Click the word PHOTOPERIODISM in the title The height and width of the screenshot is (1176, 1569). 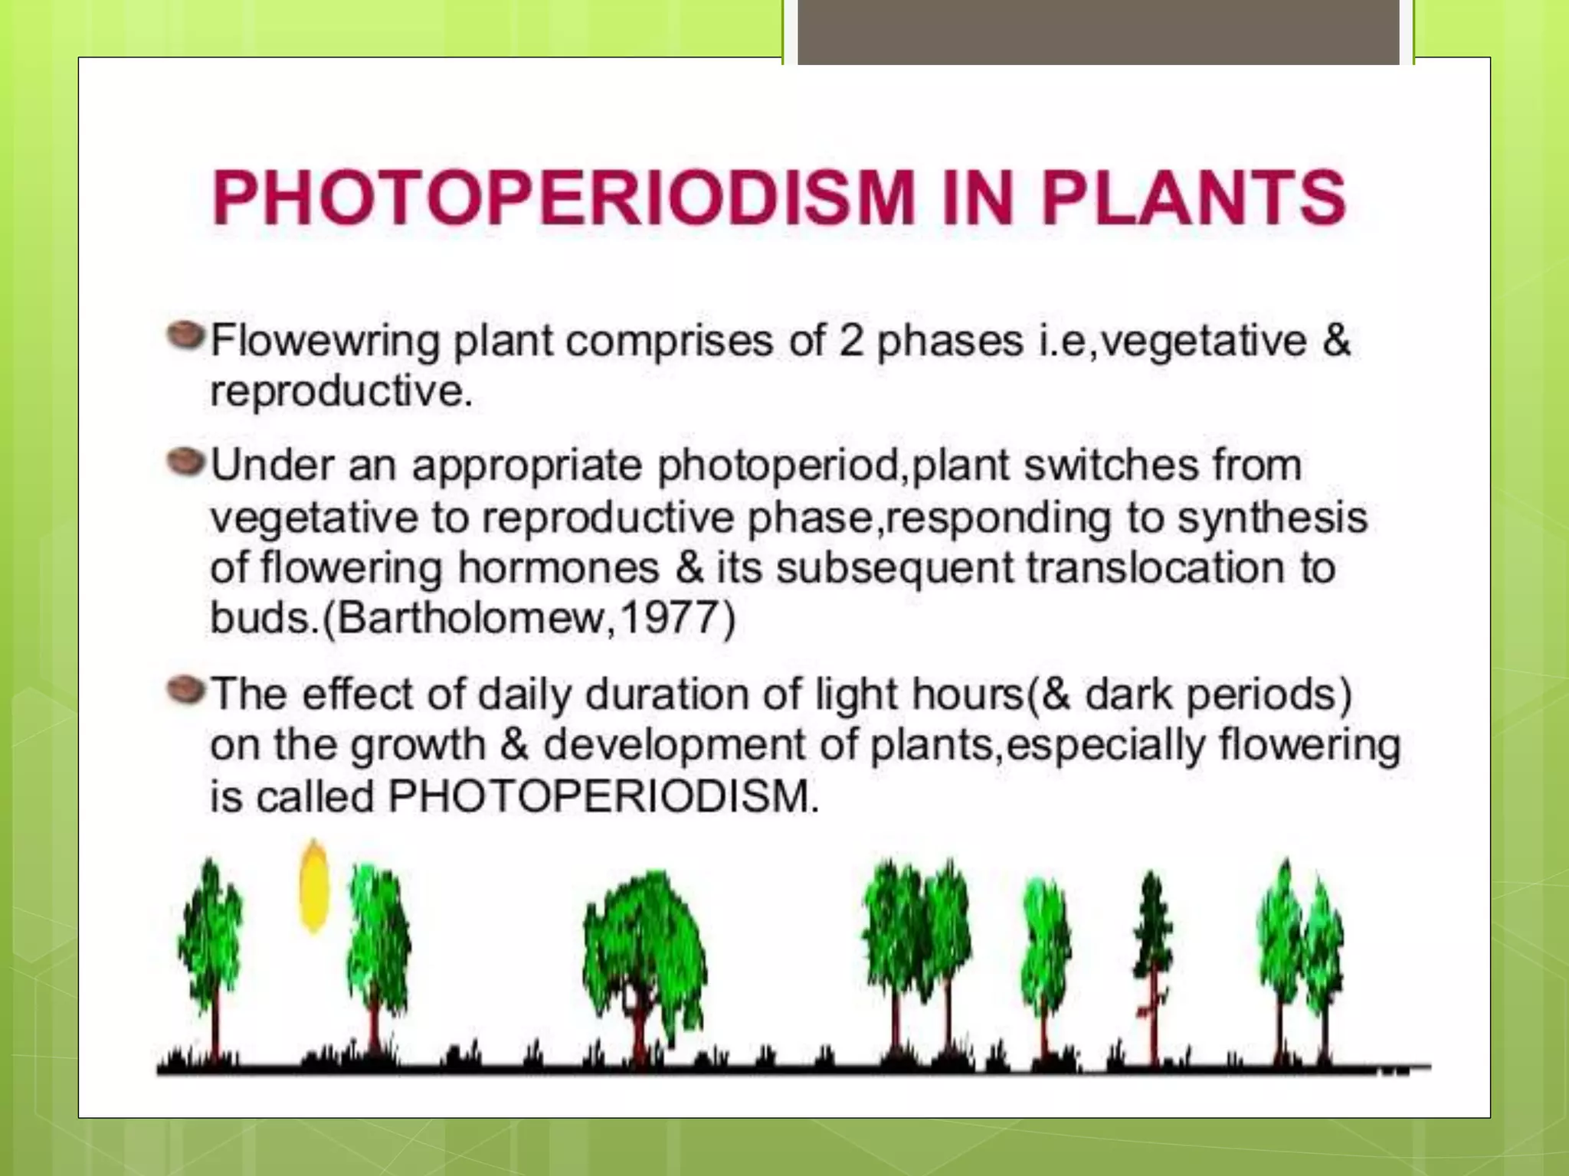(563, 198)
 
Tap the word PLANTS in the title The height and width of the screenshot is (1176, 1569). (1193, 198)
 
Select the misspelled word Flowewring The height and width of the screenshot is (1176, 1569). (326, 341)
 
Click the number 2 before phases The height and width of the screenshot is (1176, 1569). (851, 341)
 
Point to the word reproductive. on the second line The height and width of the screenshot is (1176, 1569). (342, 392)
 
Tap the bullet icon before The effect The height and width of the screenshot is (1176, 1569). (186, 689)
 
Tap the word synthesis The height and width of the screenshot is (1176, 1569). (1272, 518)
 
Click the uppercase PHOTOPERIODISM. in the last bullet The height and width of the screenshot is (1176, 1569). (604, 796)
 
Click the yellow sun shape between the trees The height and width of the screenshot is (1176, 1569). (313, 887)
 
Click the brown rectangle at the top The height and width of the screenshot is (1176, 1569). (1098, 31)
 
